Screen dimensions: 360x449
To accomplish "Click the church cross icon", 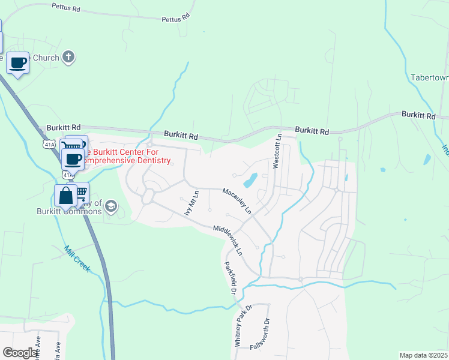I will (x=69, y=58).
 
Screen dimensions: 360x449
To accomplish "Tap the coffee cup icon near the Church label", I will (x=18, y=62).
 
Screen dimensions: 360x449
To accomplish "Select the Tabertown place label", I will (x=429, y=78).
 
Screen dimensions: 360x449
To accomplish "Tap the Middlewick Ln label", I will (x=228, y=238).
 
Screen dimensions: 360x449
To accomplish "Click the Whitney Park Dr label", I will (x=244, y=326).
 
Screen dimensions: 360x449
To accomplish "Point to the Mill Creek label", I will (x=77, y=259).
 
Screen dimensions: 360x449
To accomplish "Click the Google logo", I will (x=20, y=353).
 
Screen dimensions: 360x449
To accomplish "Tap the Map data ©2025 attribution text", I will (x=423, y=355).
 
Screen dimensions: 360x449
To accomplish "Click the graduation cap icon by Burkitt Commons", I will (x=110, y=207).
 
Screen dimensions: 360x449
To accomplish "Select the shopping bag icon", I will (x=65, y=196).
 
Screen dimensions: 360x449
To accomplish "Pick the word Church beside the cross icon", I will (x=46, y=58).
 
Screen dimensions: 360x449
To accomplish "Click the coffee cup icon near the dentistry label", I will (x=73, y=160).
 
